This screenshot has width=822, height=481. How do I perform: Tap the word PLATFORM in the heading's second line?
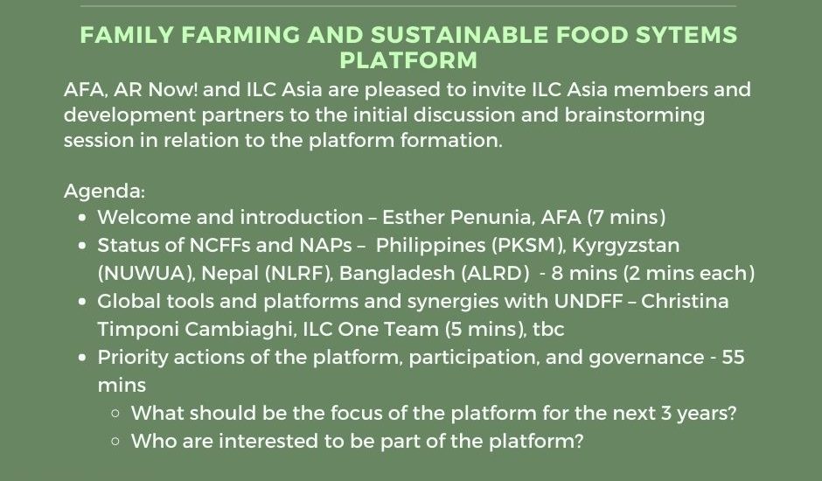click(408, 59)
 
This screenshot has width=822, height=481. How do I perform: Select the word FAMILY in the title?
click(127, 35)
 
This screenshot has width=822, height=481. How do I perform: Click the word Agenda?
click(104, 191)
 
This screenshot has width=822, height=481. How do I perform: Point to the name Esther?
click(413, 217)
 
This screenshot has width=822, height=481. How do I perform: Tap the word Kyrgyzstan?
click(626, 246)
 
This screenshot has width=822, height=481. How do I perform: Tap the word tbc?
click(548, 330)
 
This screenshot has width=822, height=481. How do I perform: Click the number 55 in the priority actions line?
click(733, 357)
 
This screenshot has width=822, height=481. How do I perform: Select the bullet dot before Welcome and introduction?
click(82, 217)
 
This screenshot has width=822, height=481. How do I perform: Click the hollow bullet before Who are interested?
click(115, 441)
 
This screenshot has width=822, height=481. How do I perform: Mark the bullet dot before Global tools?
click(82, 302)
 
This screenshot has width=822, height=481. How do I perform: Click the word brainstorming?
click(634, 115)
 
